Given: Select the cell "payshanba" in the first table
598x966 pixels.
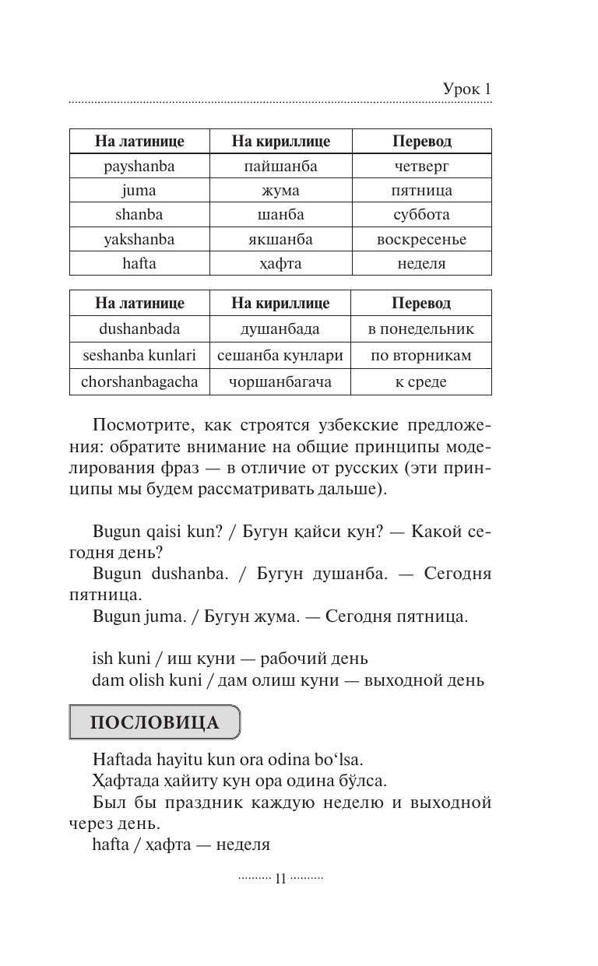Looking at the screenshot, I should (x=139, y=166).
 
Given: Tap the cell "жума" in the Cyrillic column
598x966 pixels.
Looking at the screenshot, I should (x=280, y=190).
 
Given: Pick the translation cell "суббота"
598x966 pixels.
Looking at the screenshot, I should (x=421, y=214).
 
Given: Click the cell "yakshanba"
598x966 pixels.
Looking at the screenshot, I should (x=139, y=239).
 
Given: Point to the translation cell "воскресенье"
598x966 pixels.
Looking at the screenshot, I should (x=421, y=239).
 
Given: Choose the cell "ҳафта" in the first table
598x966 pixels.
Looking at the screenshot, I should (x=280, y=263).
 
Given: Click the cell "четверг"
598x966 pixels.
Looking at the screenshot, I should (x=421, y=166).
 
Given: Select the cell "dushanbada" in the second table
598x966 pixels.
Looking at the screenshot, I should (x=139, y=328).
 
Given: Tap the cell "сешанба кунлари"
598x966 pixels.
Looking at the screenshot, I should (x=280, y=356).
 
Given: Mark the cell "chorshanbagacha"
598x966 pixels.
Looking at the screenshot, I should (x=139, y=381).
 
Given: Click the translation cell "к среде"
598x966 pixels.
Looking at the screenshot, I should (x=420, y=381).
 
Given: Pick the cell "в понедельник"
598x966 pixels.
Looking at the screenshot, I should (x=420, y=328).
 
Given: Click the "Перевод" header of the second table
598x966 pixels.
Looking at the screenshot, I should (x=420, y=303).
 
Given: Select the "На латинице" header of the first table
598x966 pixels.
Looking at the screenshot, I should (x=139, y=142).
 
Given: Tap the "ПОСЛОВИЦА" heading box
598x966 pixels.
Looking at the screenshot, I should (x=155, y=722).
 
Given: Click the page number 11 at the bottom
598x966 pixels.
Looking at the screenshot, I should (x=281, y=878).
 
